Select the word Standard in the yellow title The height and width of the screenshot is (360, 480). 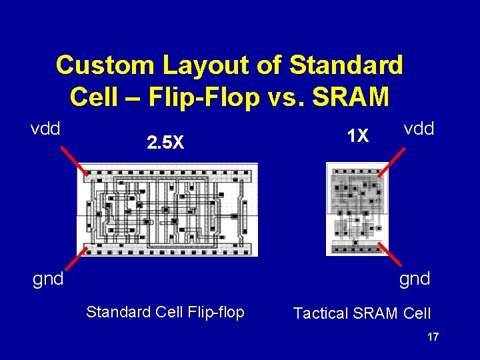point(346,65)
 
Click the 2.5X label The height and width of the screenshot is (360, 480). point(165,142)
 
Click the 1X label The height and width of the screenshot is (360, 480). point(358,136)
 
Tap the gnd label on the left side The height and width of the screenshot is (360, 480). point(48,278)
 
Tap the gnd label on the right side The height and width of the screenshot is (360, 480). point(415,278)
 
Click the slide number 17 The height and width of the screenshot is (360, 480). point(433,337)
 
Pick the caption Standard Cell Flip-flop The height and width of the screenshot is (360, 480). point(165,312)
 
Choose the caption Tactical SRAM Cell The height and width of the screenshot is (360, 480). point(362,313)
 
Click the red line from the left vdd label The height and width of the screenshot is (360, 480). point(73,161)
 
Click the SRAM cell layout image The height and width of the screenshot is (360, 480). point(355,209)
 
